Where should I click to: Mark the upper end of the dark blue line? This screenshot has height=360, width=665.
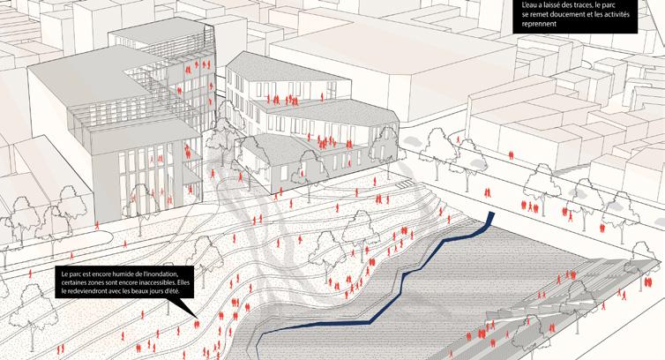(x=491, y=215)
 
